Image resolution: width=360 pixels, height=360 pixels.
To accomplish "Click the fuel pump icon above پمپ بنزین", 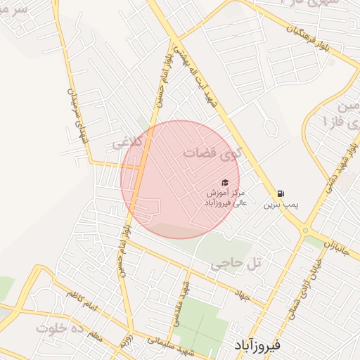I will click(x=281, y=193).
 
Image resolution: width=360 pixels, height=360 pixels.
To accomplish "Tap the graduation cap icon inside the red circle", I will click(x=225, y=183).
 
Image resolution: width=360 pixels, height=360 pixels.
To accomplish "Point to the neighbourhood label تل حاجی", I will click(x=235, y=264).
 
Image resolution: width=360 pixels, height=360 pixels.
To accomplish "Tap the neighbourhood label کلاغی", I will click(x=127, y=143).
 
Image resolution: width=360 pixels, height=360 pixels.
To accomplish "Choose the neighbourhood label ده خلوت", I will click(x=60, y=328).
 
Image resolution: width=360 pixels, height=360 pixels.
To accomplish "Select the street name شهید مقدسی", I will click(x=184, y=302).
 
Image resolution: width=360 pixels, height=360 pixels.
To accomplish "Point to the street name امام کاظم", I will click(x=80, y=300).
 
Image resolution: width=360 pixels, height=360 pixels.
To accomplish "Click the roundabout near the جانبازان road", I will click(x=305, y=230).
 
